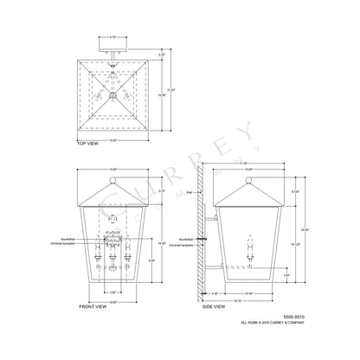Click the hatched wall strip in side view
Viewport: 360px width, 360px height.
201,234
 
